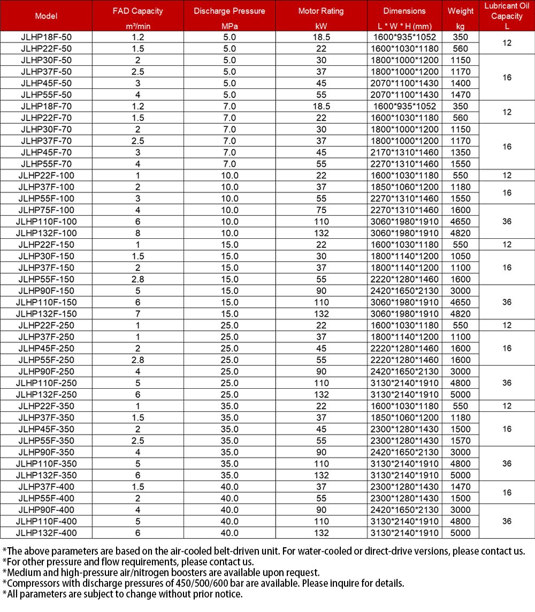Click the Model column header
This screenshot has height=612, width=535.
pyautogui.click(x=46, y=16)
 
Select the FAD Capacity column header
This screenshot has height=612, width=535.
pyautogui.click(x=137, y=11)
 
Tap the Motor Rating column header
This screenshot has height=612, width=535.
pyautogui.click(x=321, y=11)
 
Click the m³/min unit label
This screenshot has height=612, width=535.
pyautogui.click(x=137, y=26)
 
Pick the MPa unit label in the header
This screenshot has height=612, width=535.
pyautogui.click(x=229, y=26)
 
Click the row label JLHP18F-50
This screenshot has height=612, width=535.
pyautogui.click(x=46, y=37)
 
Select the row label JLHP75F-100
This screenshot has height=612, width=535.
pyautogui.click(x=46, y=210)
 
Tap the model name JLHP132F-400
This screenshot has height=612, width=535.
pyautogui.click(x=46, y=533)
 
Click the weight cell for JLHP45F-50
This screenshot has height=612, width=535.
pyautogui.click(x=460, y=83)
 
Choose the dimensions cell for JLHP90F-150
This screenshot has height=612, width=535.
pyautogui.click(x=406, y=291)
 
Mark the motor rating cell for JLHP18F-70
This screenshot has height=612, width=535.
pyautogui.click(x=321, y=106)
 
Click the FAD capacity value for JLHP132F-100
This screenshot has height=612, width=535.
pyautogui.click(x=137, y=233)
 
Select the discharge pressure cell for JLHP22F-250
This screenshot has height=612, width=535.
pyautogui.click(x=229, y=325)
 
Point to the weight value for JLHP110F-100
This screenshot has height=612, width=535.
pyautogui.click(x=460, y=222)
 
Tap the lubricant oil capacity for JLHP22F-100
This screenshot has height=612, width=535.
pyautogui.click(x=506, y=176)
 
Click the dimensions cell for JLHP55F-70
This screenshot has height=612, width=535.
pyautogui.click(x=406, y=164)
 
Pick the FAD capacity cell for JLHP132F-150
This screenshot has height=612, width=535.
pyautogui.click(x=137, y=314)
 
